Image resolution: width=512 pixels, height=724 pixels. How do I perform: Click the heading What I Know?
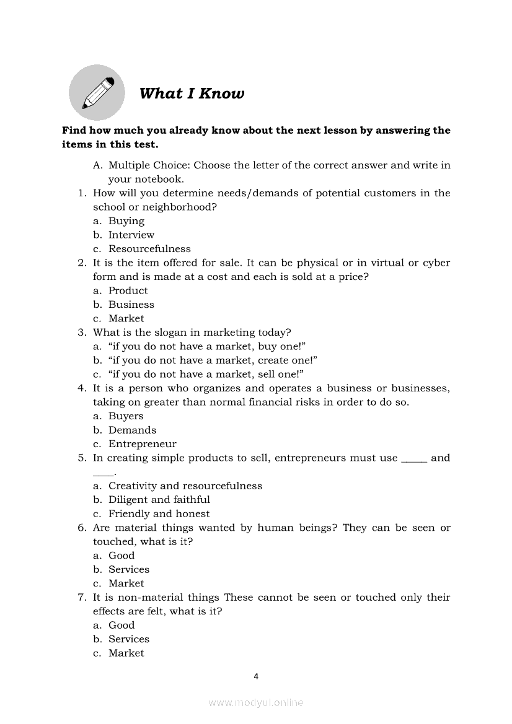coord(192,94)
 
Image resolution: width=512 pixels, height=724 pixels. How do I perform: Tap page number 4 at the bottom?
coord(256,676)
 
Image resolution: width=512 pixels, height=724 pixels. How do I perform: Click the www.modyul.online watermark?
coord(256,702)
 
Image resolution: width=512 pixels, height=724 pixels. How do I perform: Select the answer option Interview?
coord(131,235)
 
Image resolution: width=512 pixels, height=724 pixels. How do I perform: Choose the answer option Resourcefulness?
coord(149,249)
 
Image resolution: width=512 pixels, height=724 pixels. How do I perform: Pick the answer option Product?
coord(128,290)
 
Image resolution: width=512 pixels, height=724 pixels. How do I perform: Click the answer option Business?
coord(131,305)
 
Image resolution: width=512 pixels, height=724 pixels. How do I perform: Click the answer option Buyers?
coord(126,416)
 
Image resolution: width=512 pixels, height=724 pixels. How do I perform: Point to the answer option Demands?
coord(132,430)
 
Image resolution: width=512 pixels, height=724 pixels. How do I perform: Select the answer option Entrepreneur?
coord(142,444)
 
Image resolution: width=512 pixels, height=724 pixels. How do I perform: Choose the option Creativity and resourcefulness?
coord(185,486)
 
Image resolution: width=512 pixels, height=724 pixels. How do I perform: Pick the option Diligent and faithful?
coord(159,500)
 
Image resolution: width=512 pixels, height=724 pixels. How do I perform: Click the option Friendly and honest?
coord(159,513)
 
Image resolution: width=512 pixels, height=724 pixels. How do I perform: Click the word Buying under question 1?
coord(126,221)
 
